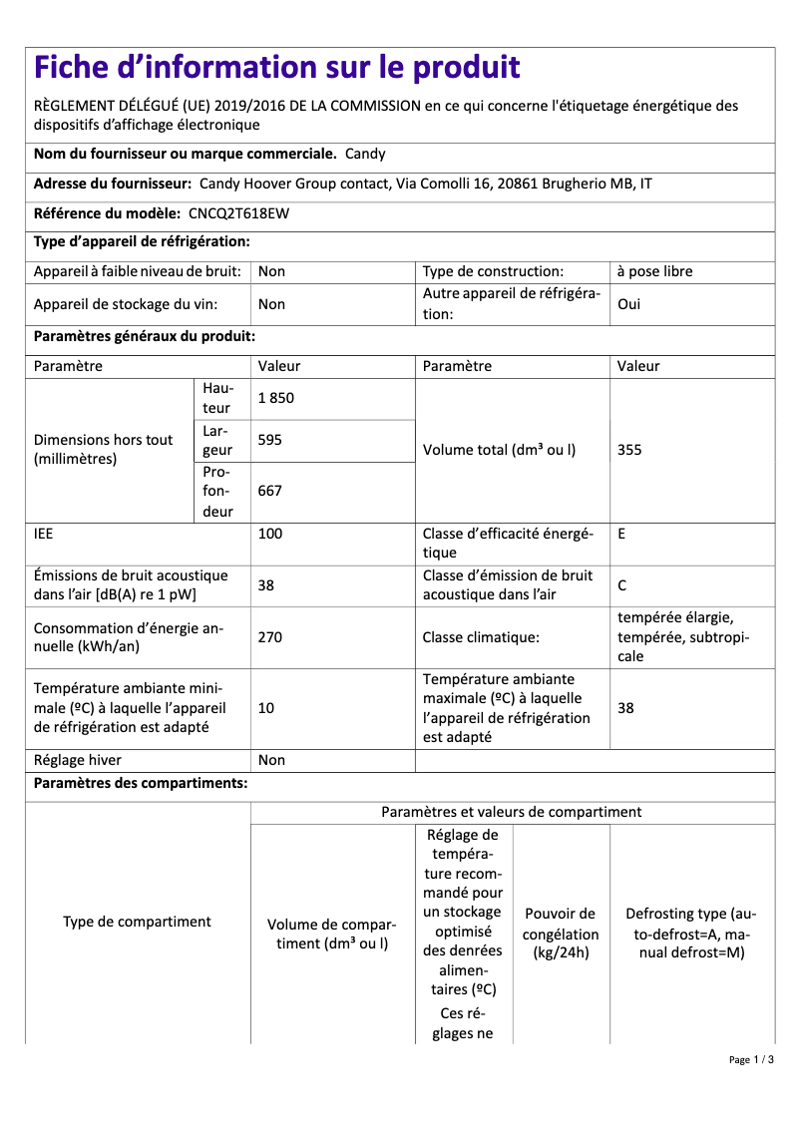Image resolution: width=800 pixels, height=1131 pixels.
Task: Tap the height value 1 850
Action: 276,398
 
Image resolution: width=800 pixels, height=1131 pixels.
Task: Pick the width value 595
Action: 270,440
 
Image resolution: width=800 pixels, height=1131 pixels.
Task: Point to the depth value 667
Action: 270,491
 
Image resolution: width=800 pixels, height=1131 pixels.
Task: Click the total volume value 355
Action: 629,450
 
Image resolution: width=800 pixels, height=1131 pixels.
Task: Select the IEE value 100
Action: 270,534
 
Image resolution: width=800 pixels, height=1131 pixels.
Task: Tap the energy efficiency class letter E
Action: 621,534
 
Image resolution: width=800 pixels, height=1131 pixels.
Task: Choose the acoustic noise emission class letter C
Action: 622,585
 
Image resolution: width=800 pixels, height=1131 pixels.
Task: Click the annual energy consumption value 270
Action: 270,637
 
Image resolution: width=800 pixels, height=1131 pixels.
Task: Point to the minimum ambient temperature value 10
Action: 266,708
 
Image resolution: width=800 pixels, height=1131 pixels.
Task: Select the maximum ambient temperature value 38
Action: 625,708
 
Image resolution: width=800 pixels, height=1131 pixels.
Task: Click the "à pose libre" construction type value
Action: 654,271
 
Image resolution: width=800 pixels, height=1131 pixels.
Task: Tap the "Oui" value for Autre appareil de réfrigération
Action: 629,304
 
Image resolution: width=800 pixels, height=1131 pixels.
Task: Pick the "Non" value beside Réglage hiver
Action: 271,760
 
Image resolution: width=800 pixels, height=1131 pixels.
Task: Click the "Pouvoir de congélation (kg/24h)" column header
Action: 561,934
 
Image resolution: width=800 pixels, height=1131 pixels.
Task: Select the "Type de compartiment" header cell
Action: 137,922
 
